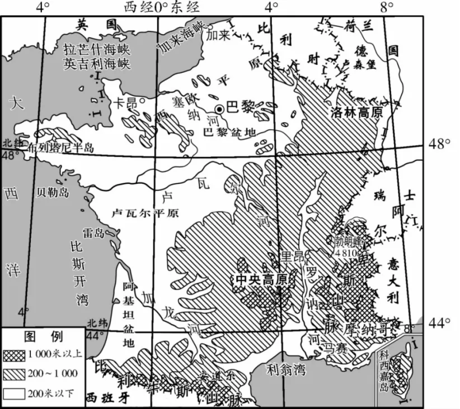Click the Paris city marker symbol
[221, 110]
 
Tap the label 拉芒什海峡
[97, 50]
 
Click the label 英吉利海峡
[97, 64]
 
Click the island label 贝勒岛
[52, 193]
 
